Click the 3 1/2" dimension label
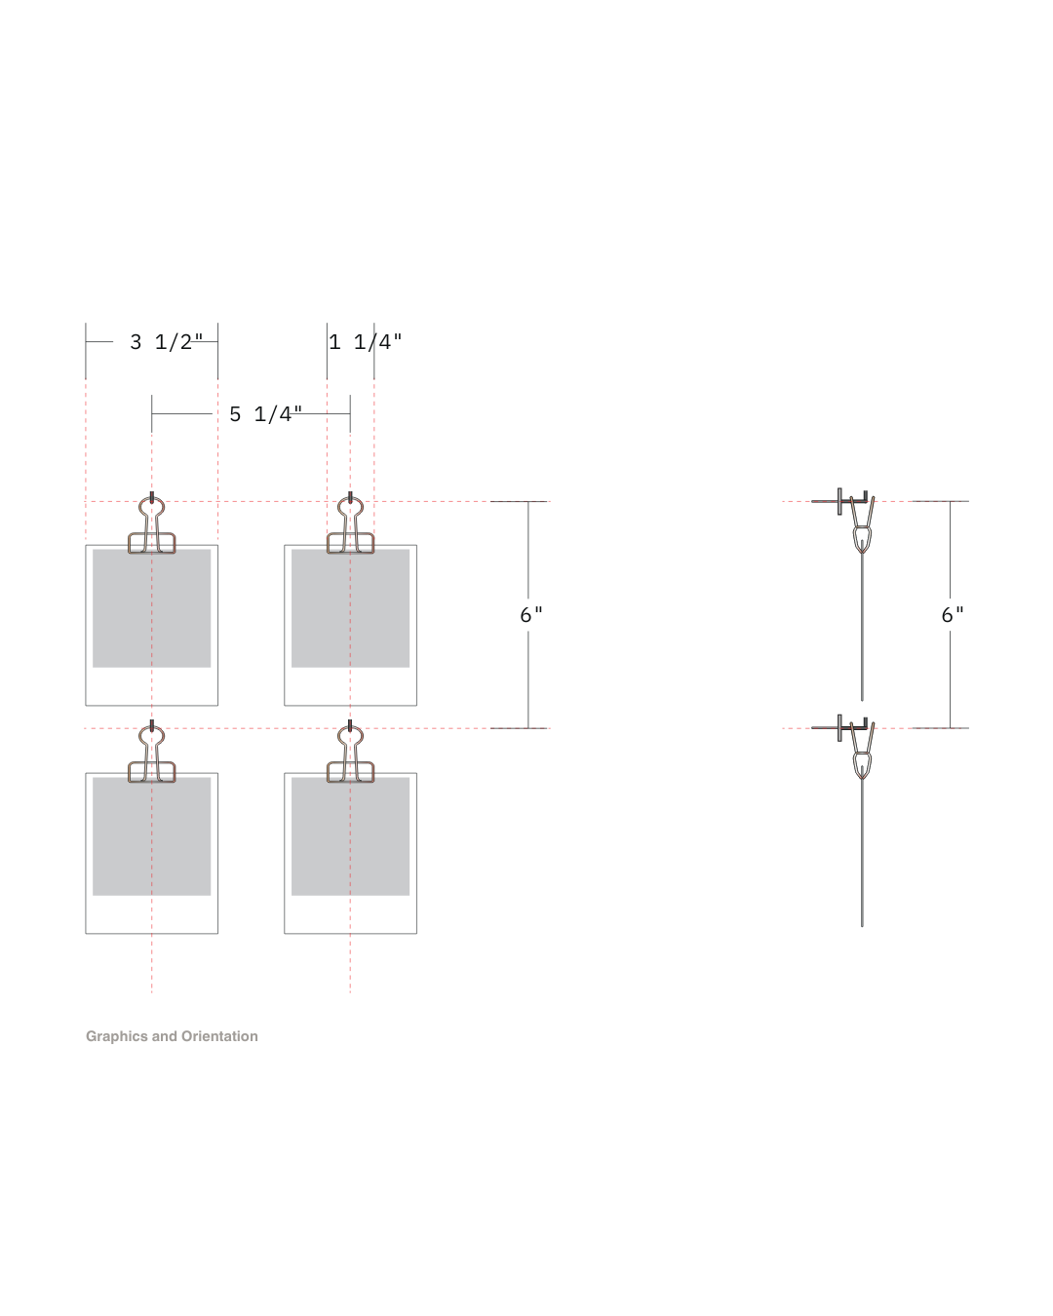166,342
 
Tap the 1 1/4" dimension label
366,342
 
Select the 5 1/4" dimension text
265,414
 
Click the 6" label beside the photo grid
530,614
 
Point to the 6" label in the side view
952,614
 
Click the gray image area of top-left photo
152,608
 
